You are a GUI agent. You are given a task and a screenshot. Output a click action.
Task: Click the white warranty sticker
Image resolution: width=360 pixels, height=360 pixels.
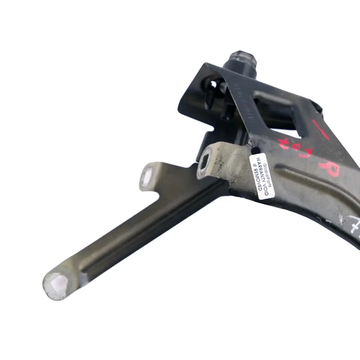262,177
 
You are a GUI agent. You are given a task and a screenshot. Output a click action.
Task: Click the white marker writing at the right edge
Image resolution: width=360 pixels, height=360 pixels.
353,222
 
